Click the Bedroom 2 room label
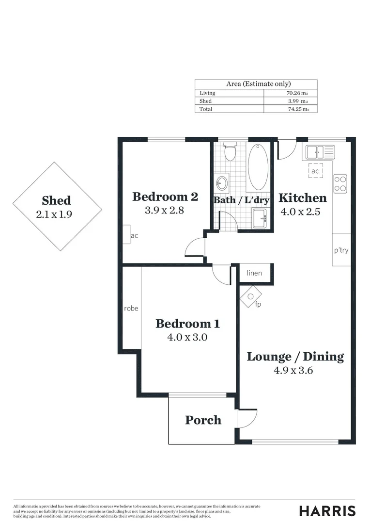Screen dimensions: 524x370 click(165, 196)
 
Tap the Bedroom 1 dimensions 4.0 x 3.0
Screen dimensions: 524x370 click(181, 337)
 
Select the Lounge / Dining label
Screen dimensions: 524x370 click(295, 357)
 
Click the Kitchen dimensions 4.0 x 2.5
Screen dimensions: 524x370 click(300, 212)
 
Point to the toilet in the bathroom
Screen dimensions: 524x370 click(230, 151)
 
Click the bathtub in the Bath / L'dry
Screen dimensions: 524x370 click(258, 166)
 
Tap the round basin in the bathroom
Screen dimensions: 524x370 click(222, 183)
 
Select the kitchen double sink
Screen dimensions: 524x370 click(318, 152)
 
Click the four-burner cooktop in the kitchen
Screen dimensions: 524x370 click(340, 183)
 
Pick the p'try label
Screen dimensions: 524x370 click(341, 251)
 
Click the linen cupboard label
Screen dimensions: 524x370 click(254, 273)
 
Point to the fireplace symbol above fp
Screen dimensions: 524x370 click(251, 294)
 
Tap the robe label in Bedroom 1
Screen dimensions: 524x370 click(131, 308)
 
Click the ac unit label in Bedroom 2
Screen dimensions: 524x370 click(134, 236)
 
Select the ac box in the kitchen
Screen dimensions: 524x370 click(315, 171)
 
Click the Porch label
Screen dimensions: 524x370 click(203, 420)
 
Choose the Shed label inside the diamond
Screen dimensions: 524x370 click(56, 200)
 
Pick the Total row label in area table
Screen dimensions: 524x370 click(206, 109)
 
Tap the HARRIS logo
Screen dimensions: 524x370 click(327, 511)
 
